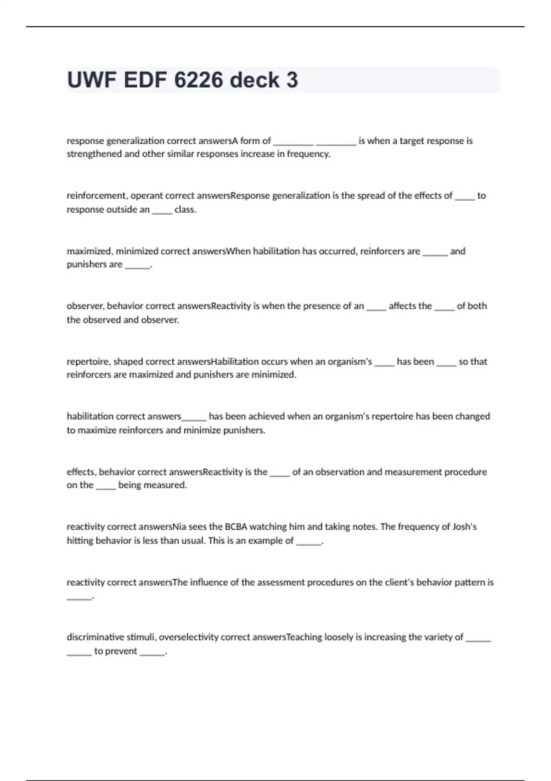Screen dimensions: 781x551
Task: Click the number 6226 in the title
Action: (x=199, y=80)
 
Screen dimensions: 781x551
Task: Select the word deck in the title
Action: (x=254, y=80)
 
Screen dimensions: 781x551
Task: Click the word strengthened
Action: (x=94, y=154)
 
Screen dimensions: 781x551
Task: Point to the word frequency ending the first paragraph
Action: (x=308, y=154)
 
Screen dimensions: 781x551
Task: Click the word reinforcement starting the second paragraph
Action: (x=96, y=196)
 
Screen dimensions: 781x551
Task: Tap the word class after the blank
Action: (x=185, y=209)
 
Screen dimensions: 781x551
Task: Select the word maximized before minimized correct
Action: (x=90, y=251)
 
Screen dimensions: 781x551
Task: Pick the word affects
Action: (x=410, y=306)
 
